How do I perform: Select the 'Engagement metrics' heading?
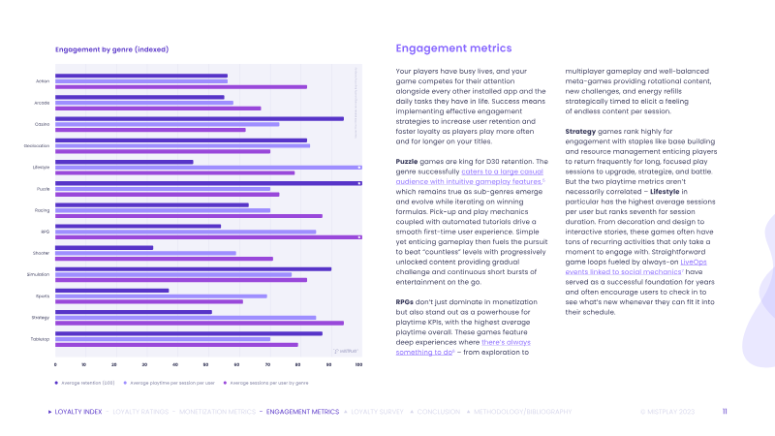(x=453, y=48)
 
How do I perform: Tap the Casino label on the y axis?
(x=44, y=124)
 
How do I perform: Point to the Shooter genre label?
(x=43, y=253)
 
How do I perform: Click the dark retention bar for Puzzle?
(x=208, y=182)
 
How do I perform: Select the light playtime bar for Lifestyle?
(x=208, y=167)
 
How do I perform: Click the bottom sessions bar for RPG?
(x=208, y=236)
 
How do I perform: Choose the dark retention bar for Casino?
(x=200, y=118)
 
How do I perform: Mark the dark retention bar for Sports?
(x=112, y=290)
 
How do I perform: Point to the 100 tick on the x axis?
(x=359, y=364)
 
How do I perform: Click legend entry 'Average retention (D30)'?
(x=85, y=384)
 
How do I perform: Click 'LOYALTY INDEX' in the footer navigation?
(x=78, y=412)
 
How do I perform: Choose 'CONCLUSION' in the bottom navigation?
(x=439, y=412)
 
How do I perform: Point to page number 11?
(x=726, y=412)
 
